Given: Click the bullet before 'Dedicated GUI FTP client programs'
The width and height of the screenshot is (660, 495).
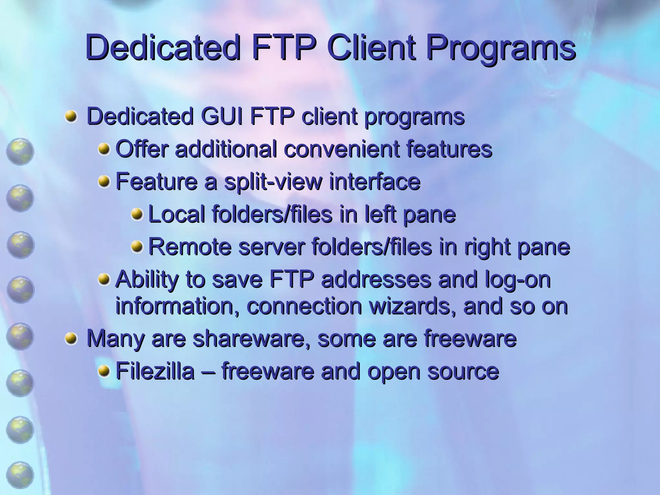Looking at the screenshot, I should [x=71, y=116].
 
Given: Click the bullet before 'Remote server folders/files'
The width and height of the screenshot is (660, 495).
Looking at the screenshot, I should [x=137, y=247].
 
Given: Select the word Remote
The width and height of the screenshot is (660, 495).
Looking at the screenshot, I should [x=190, y=247].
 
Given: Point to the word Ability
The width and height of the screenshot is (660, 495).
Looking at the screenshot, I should [x=147, y=279].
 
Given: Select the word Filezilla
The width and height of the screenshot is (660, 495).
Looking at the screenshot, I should [x=155, y=371].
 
